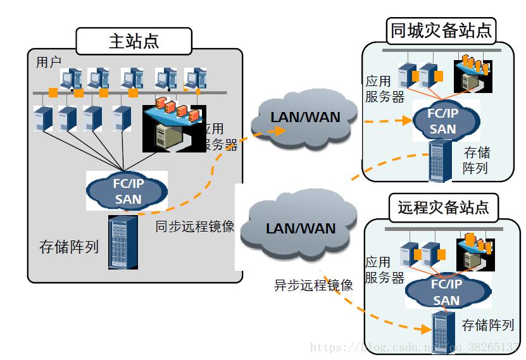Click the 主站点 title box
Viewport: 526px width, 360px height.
134,41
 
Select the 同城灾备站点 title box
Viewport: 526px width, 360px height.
441,30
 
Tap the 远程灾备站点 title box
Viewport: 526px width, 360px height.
442,207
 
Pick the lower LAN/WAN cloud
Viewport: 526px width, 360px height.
301,228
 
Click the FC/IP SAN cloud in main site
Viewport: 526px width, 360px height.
127,192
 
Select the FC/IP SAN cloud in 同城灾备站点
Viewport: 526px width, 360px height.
442,121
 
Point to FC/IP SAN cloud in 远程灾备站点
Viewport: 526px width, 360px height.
446,292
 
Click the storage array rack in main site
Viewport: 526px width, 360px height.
123,243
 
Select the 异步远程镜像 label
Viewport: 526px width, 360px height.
313,285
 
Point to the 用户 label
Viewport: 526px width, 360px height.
49,62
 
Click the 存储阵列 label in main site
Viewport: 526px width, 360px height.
69,246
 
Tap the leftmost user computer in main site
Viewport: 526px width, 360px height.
70,79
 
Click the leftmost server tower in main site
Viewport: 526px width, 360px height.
43,118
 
